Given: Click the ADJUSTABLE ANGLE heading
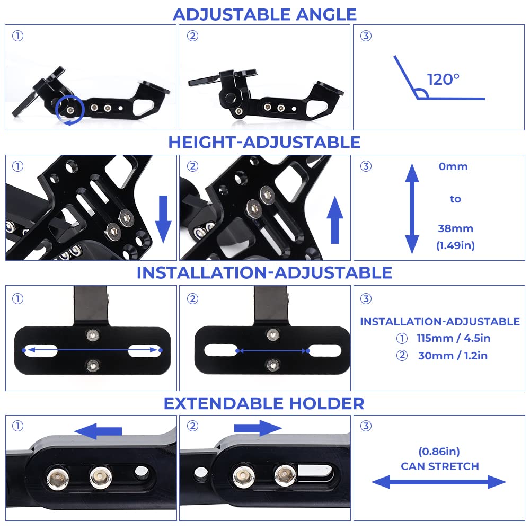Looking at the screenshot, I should pos(264,14).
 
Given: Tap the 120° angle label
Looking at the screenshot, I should pos(443,79).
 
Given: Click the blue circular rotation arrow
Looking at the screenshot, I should pos(70,110).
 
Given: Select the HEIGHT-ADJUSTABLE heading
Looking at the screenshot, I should pos(264,142).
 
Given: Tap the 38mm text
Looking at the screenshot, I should pos(455,228).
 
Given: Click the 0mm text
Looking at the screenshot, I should pos(453,166).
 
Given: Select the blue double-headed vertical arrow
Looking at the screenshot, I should pos(412,208).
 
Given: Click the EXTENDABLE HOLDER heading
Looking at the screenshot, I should pos(264,403).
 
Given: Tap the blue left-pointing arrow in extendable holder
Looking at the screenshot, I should pos(99,431).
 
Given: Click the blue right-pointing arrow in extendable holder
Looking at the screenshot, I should pos(258,428).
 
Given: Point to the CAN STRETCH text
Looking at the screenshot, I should pos(439,466).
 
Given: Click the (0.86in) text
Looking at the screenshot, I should pos(439,452).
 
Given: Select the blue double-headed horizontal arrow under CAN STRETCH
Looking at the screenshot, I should pos(439,482).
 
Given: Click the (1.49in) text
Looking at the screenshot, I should pos(455,245).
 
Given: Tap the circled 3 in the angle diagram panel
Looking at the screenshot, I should pos(366,36).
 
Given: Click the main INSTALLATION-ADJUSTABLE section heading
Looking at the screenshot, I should pos(264,272).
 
